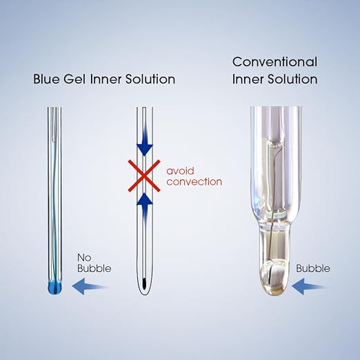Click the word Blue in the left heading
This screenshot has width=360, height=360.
(x=46, y=79)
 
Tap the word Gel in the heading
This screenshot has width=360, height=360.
(x=74, y=79)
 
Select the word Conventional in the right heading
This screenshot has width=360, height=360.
(x=274, y=62)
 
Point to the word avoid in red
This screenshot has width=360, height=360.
(x=180, y=171)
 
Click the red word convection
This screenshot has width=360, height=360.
(x=194, y=182)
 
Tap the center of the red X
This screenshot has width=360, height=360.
(x=144, y=176)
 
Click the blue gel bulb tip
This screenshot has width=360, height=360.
(x=55, y=288)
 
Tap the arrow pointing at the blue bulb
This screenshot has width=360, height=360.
(x=91, y=286)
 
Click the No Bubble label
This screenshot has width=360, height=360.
(x=94, y=263)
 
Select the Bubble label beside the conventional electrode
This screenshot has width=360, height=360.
(x=313, y=268)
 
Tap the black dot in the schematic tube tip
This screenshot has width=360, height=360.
(x=144, y=283)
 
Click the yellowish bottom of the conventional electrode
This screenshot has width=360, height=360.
(x=275, y=292)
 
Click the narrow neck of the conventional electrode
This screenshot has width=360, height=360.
(x=275, y=243)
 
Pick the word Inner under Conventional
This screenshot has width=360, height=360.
(x=248, y=79)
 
